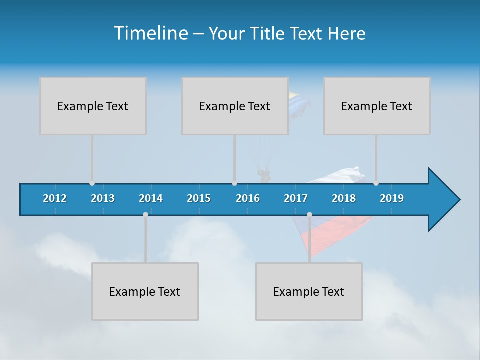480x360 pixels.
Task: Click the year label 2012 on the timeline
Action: (x=55, y=198)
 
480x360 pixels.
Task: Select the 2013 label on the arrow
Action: (x=103, y=198)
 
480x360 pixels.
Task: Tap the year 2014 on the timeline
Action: (x=151, y=198)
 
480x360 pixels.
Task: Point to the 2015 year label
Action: (x=199, y=198)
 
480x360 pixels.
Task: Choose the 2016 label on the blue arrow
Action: (x=248, y=198)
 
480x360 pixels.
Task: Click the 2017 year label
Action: (x=296, y=198)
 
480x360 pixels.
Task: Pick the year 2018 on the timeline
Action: (x=344, y=198)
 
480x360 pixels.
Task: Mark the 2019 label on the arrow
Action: (x=392, y=198)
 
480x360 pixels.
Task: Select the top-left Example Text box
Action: (x=93, y=106)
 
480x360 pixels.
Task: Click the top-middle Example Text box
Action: (x=235, y=106)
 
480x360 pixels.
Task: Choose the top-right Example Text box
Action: (x=377, y=106)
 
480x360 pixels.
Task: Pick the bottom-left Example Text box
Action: (x=145, y=291)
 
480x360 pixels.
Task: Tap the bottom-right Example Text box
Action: (x=309, y=291)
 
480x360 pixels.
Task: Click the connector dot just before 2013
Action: (x=92, y=183)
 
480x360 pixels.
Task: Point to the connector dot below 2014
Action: (x=145, y=215)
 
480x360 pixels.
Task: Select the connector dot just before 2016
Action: (x=234, y=183)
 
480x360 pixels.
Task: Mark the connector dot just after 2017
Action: (x=309, y=215)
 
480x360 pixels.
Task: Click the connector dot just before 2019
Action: (x=376, y=183)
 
